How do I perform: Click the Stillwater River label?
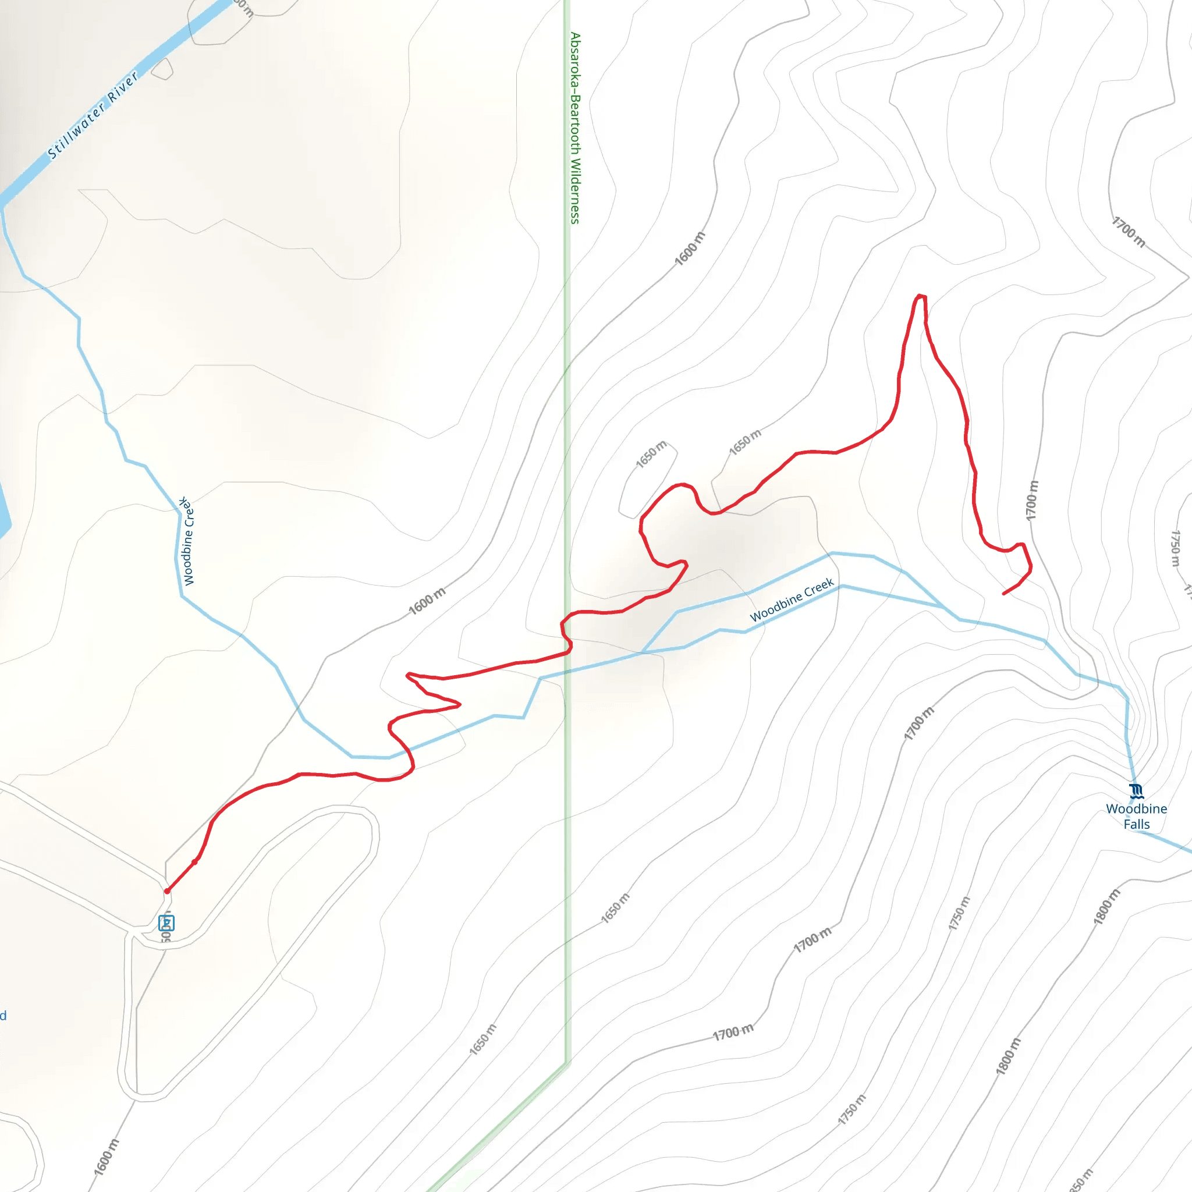pyautogui.click(x=93, y=116)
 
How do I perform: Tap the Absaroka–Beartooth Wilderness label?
pyautogui.click(x=575, y=127)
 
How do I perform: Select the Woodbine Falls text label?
pyautogui.click(x=1136, y=816)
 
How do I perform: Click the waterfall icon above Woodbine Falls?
pyautogui.click(x=1136, y=790)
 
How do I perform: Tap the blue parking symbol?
pyautogui.click(x=166, y=923)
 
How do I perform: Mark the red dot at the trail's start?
pyautogui.click(x=167, y=891)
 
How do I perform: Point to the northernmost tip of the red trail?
pyautogui.click(x=921, y=296)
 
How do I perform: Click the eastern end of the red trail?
pyautogui.click(x=1004, y=594)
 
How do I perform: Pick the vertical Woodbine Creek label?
pyautogui.click(x=187, y=541)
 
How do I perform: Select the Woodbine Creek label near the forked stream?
pyautogui.click(x=792, y=599)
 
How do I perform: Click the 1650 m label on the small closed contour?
pyautogui.click(x=651, y=454)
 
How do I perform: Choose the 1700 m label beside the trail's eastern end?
pyautogui.click(x=1032, y=501)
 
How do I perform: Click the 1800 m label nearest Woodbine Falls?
pyautogui.click(x=1106, y=907)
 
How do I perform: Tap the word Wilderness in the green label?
pyautogui.click(x=575, y=191)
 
